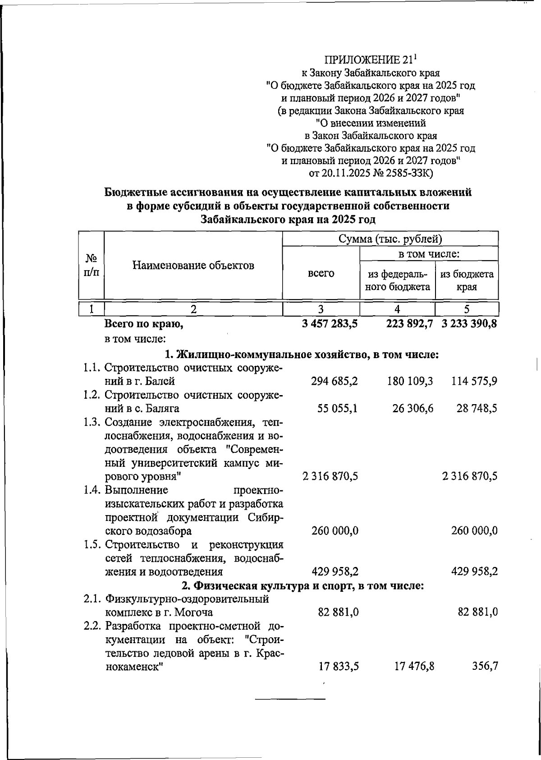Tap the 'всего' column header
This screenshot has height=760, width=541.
coord(321,273)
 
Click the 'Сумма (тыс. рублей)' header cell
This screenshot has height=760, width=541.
coord(390,239)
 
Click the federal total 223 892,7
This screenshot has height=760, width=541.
coord(410,323)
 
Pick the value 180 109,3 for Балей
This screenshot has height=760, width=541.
coord(410,382)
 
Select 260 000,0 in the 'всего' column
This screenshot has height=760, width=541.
coord(335,531)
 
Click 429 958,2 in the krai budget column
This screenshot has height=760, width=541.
coord(474,571)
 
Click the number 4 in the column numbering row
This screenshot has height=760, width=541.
coord(397,309)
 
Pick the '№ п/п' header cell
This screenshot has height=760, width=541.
coord(92,265)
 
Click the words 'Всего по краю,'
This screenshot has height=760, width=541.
coord(144,323)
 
